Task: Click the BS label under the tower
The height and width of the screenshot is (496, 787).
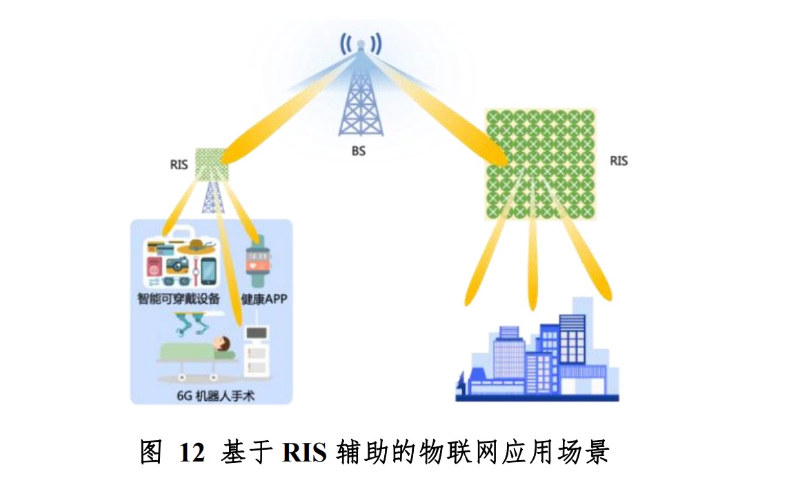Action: [x=358, y=151]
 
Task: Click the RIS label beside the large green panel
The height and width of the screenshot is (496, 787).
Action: [x=619, y=161]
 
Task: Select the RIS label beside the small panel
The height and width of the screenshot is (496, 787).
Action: [x=179, y=165]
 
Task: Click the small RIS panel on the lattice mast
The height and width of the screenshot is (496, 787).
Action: [x=209, y=163]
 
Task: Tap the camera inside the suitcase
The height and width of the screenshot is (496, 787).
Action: [x=178, y=264]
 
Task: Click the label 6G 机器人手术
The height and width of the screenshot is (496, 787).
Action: [x=207, y=395]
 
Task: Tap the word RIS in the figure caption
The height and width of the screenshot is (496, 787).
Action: [x=304, y=453]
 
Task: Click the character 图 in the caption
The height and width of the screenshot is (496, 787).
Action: [x=150, y=453]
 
